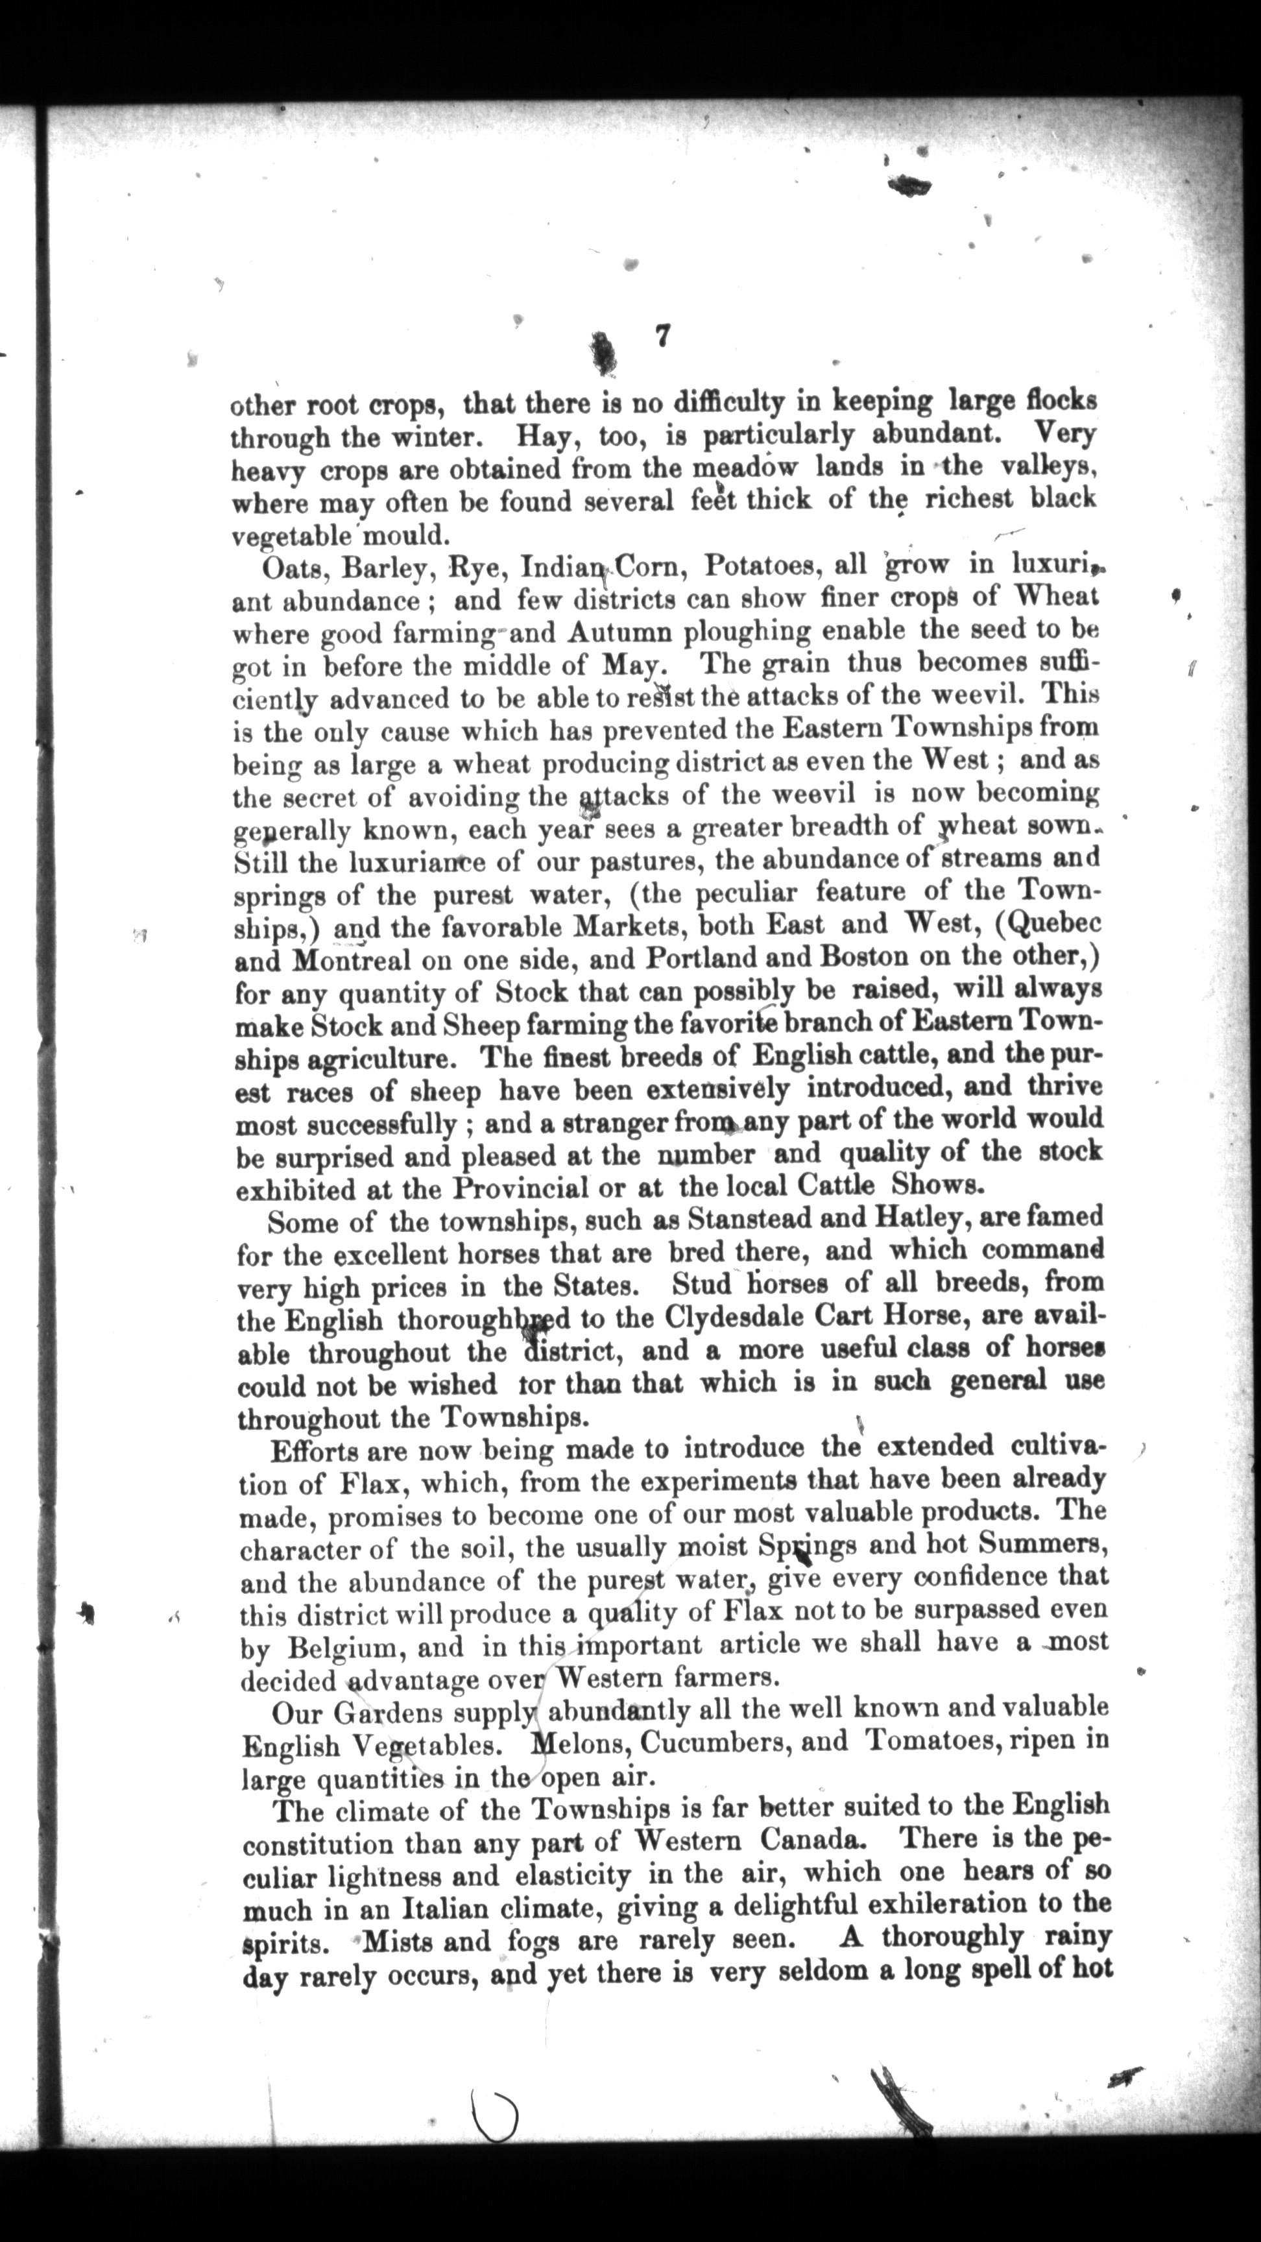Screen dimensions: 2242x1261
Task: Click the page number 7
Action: (x=662, y=336)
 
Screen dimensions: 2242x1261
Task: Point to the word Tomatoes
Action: (x=939, y=1744)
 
